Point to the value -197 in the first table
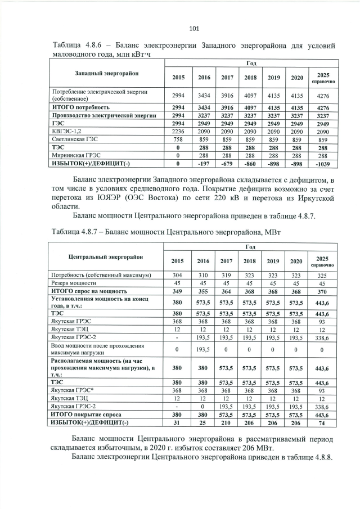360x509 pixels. (203, 164)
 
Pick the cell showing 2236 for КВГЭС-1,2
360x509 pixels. (178, 129)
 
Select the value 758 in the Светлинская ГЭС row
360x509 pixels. (178, 139)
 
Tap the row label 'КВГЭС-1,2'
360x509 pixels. (66, 129)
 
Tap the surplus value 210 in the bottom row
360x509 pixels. (227, 422)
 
